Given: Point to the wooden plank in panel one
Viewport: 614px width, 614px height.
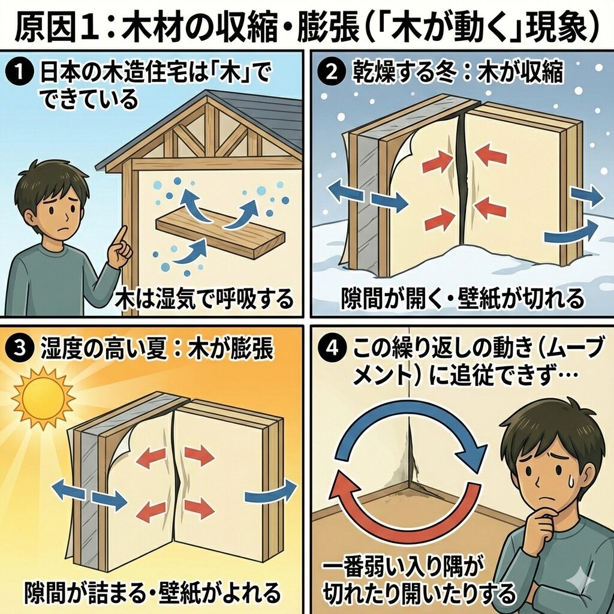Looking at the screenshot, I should click(218, 234).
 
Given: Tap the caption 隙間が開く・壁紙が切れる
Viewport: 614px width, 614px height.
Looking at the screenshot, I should click(462, 298).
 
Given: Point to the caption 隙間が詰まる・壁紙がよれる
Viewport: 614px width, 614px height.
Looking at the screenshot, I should click(152, 592).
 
